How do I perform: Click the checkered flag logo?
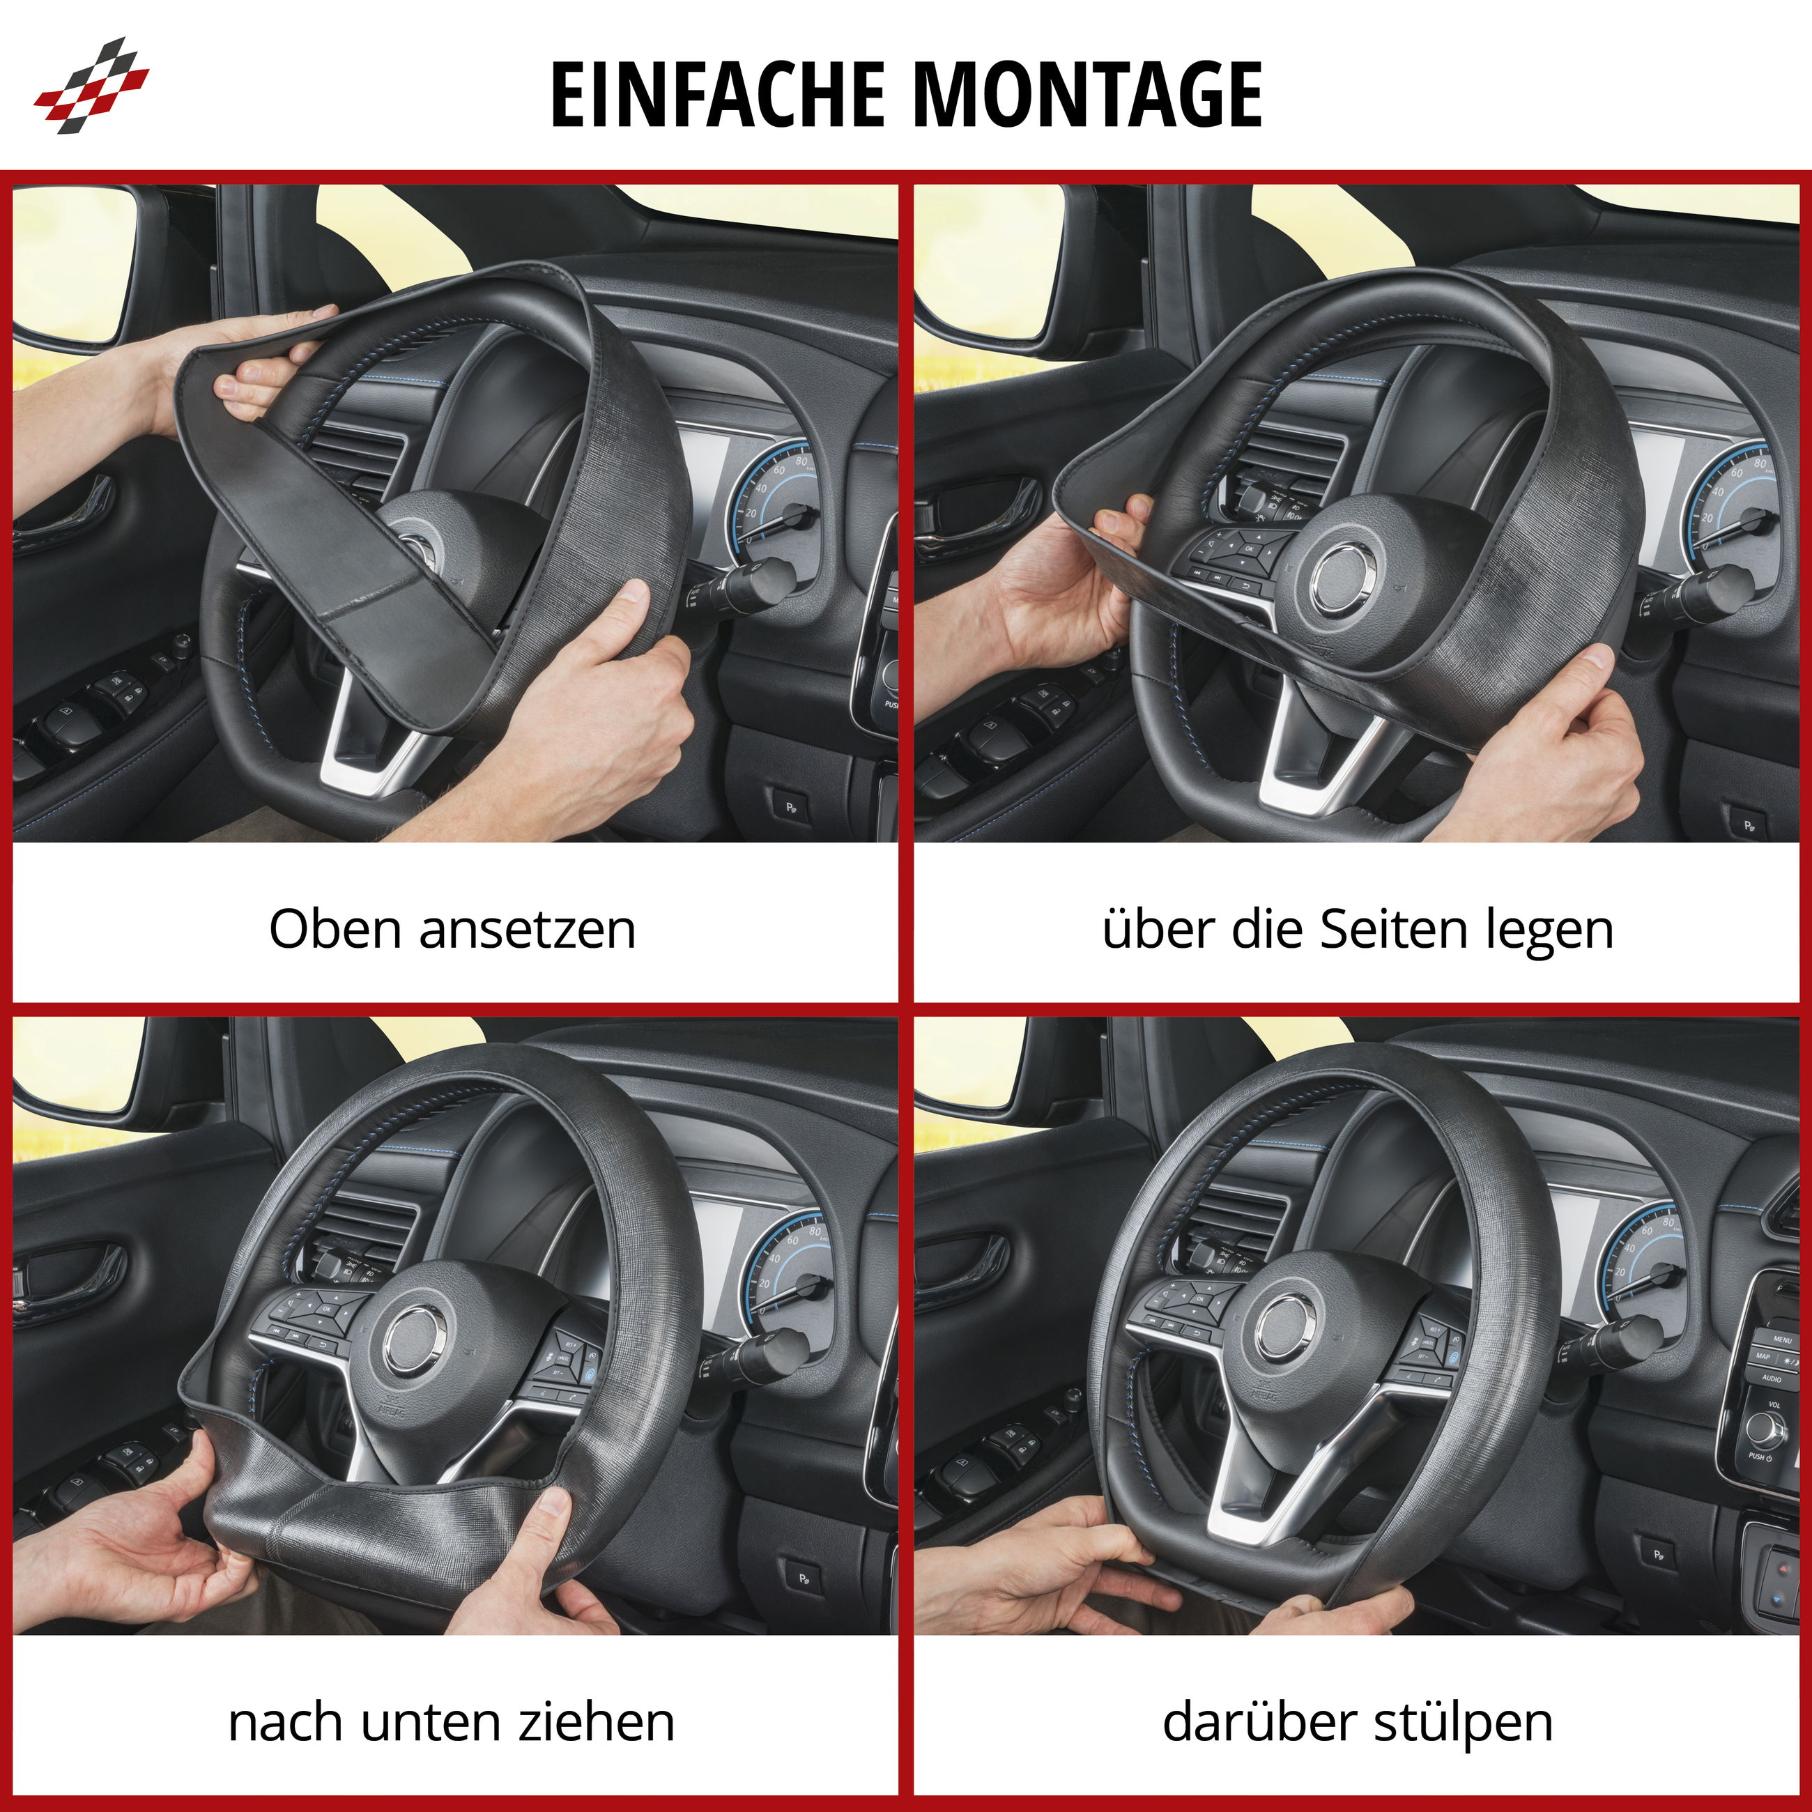click(91, 84)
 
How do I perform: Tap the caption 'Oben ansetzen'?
click(452, 930)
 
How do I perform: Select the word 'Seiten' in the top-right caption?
click(1397, 930)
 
